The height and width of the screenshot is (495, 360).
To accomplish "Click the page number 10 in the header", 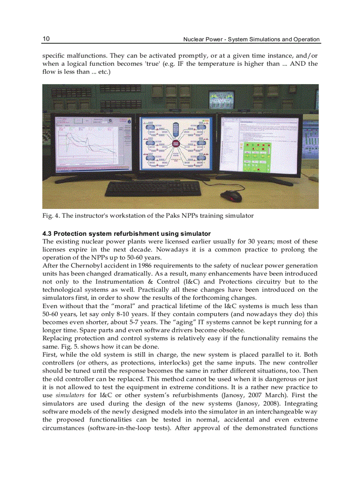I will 46,39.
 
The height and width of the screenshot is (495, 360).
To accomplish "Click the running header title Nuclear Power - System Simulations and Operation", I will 251,39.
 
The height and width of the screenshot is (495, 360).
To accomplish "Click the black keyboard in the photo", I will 153,188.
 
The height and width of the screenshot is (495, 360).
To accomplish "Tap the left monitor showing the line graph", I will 93,144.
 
